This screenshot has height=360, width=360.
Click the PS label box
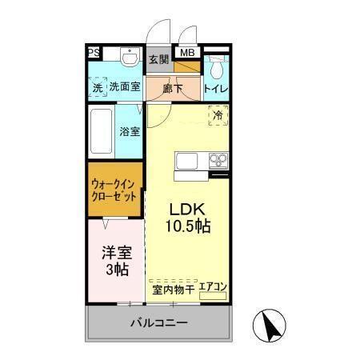pos(94,54)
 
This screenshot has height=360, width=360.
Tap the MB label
pos(186,54)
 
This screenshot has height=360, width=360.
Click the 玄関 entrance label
pos(159,58)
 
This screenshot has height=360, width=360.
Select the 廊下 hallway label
pos(173,88)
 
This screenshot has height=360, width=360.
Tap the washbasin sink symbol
pos(129,58)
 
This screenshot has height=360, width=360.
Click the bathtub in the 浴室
pos(102,130)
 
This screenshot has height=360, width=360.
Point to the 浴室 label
pos(130,133)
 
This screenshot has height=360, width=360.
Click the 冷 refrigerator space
pos(218,115)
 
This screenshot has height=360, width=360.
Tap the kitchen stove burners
pos(218,160)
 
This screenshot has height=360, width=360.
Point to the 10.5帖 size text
pos(188,227)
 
